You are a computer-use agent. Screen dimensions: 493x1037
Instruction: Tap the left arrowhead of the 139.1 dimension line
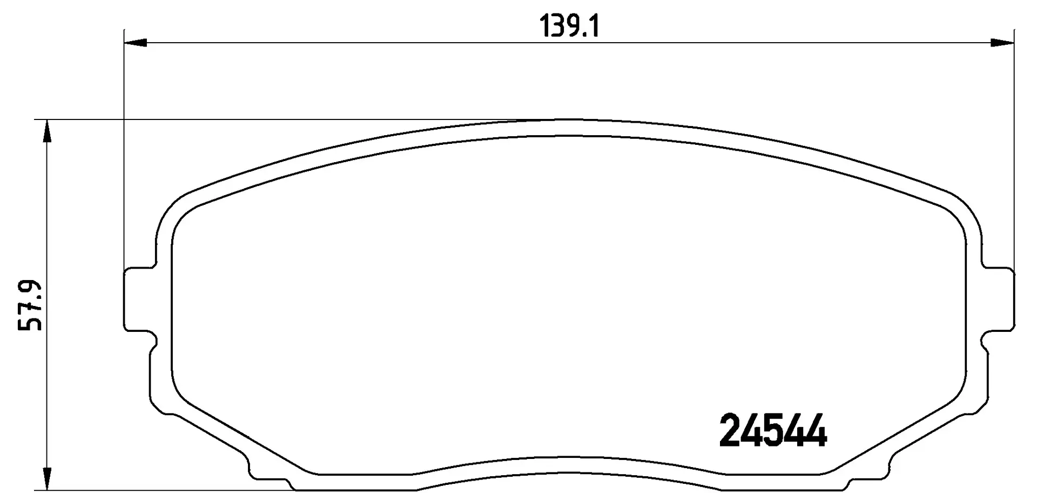[x=136, y=43]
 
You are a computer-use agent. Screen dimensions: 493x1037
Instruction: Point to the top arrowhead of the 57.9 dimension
[x=48, y=131]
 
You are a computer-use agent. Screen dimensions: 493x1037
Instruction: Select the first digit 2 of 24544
[x=731, y=430]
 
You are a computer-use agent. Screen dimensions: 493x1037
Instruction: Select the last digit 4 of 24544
[x=815, y=430]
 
